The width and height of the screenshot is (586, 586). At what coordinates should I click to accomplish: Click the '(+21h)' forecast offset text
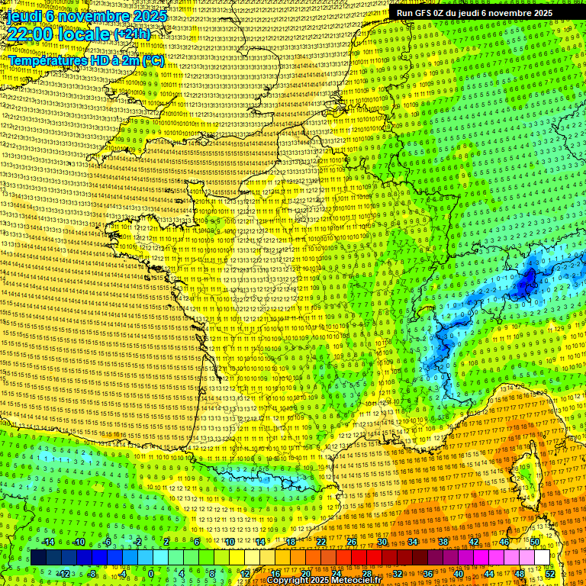(132, 34)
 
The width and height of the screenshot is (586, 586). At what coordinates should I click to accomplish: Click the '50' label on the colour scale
(535, 542)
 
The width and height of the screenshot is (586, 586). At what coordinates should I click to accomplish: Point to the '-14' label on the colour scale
(47, 542)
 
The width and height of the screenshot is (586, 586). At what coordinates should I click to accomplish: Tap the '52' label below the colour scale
(550, 574)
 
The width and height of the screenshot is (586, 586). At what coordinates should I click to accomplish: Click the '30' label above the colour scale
(382, 542)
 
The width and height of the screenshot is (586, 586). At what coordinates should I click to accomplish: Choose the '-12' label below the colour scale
(63, 574)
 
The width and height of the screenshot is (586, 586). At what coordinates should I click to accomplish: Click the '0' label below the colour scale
(150, 574)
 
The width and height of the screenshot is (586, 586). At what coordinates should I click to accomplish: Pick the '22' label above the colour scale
(321, 542)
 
